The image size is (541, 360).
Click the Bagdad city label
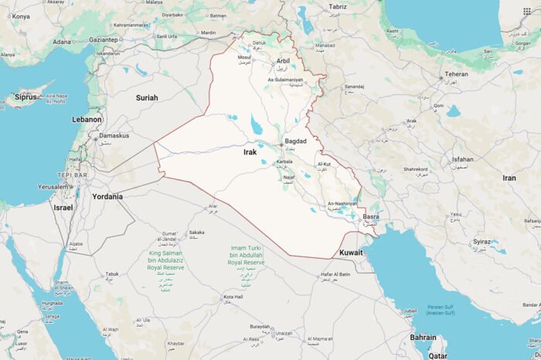point(296,141)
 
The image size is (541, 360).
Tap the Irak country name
point(250,152)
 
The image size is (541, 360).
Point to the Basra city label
point(371,217)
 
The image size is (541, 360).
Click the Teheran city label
point(456,74)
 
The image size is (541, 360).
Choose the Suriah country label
point(147,97)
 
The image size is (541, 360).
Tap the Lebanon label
point(87,120)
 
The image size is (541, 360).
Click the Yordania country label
point(107,196)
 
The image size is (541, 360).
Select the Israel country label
point(63,208)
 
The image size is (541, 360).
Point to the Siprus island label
point(26,97)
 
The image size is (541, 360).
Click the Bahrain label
point(423,338)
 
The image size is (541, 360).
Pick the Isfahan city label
point(463,159)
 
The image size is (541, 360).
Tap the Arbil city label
point(283,60)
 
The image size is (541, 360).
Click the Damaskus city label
point(114,135)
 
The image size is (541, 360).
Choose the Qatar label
point(438,356)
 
